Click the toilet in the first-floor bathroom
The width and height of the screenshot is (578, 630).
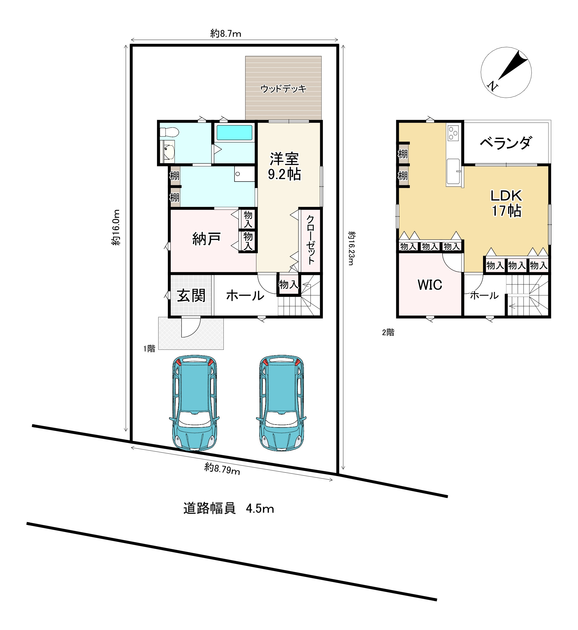pyautogui.click(x=169, y=132)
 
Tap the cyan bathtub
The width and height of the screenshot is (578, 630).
pyautogui.click(x=234, y=133)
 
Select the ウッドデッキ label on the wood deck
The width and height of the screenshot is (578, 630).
pyautogui.click(x=283, y=89)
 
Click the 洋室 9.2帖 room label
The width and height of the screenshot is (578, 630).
pyautogui.click(x=284, y=166)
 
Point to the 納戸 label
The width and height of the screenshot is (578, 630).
pyautogui.click(x=207, y=239)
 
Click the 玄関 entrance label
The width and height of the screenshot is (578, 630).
pyautogui.click(x=191, y=295)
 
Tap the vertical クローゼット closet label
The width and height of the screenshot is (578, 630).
pyautogui.click(x=310, y=240)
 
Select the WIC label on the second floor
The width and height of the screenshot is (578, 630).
pyautogui.click(x=430, y=285)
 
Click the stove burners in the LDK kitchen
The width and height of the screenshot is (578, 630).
pyautogui.click(x=453, y=133)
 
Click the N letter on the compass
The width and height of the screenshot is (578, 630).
pyautogui.click(x=492, y=86)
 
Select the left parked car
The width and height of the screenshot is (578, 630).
pyautogui.click(x=194, y=403)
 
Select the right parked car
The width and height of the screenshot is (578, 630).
pyautogui.click(x=281, y=403)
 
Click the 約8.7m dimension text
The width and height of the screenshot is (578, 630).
pyautogui.click(x=225, y=34)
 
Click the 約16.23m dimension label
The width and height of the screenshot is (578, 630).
pyautogui.click(x=352, y=248)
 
